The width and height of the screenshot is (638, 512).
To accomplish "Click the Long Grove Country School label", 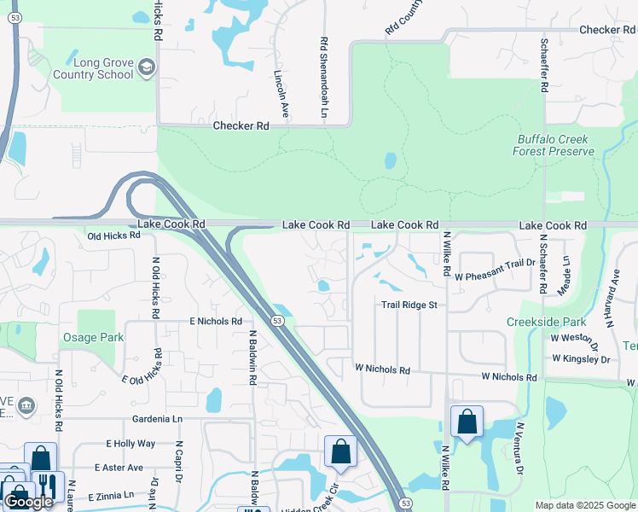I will click(x=92, y=67).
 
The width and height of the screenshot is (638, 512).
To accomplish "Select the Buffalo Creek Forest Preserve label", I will click(x=554, y=145).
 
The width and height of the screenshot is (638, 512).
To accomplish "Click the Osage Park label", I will click(x=93, y=337).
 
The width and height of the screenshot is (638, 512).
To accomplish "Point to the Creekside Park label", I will click(x=546, y=322).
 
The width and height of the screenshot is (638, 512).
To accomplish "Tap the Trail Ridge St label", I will click(x=409, y=305).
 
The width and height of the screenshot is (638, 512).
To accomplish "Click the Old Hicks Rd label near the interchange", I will click(x=113, y=235).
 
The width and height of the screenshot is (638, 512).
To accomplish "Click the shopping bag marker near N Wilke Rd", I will click(x=467, y=422).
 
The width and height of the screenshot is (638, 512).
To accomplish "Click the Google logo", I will click(x=28, y=502).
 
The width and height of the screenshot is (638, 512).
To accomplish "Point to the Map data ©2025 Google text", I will click(x=584, y=505).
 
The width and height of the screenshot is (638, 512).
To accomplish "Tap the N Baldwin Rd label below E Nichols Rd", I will click(x=253, y=358).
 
